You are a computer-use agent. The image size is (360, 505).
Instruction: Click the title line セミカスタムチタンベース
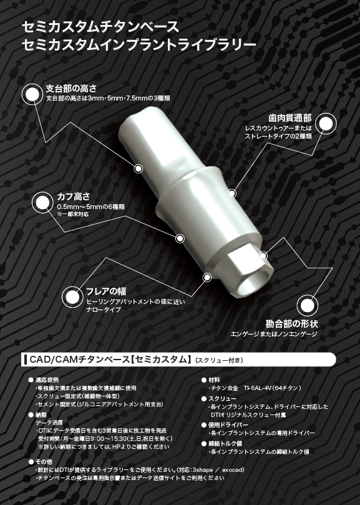tap(100, 26)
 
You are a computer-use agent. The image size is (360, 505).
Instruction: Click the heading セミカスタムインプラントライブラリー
tap(138, 44)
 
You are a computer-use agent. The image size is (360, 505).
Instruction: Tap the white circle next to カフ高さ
tap(42, 201)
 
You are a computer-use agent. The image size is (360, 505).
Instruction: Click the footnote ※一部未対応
tap(73, 213)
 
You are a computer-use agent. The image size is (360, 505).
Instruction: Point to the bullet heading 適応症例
tap(49, 380)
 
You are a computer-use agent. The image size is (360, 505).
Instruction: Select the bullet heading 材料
tap(215, 380)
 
